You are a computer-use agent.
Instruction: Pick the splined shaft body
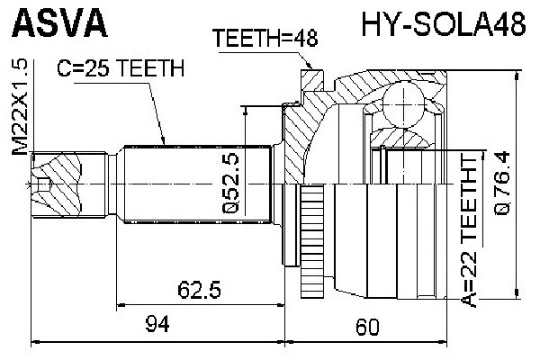[x=198, y=185]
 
